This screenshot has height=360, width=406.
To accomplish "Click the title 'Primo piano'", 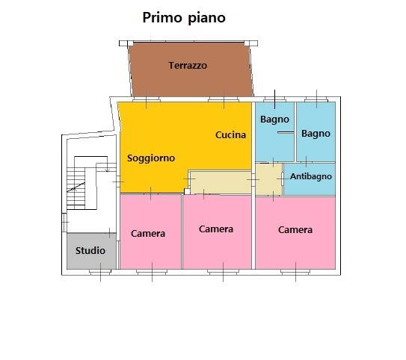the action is pyautogui.click(x=184, y=18).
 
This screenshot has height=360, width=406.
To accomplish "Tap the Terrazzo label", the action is pyautogui.click(x=188, y=66).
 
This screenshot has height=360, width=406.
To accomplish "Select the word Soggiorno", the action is pyautogui.click(x=151, y=158).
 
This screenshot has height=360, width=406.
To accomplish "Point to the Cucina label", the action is pyautogui.click(x=231, y=134).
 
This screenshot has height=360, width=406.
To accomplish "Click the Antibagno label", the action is pyautogui.click(x=311, y=176).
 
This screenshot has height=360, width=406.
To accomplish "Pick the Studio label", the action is pyautogui.click(x=90, y=251).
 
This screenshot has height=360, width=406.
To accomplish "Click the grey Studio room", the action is pyautogui.click(x=91, y=251).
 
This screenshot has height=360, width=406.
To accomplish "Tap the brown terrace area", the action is pyautogui.click(x=191, y=69).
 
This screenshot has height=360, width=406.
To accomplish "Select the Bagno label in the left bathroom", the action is pyautogui.click(x=274, y=120).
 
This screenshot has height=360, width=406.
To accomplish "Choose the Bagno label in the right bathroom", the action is pyautogui.click(x=316, y=134).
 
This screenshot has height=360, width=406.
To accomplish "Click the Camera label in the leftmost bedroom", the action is pyautogui.click(x=148, y=234).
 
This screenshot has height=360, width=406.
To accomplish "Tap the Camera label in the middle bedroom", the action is pyautogui.click(x=216, y=229).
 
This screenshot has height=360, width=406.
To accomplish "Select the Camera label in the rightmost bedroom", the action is pyautogui.click(x=295, y=230).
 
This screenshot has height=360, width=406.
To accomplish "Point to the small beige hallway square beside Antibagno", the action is pyautogui.click(x=268, y=179).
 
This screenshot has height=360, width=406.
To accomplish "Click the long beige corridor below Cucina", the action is pyautogui.click(x=221, y=182).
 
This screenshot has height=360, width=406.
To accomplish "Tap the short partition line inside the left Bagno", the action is pyautogui.click(x=286, y=133).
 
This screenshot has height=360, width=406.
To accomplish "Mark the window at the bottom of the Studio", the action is pyautogui.click(x=100, y=272).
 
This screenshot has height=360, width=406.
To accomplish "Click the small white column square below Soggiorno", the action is pyautogui.click(x=187, y=191).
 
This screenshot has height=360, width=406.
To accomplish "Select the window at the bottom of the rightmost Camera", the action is pyautogui.click(x=295, y=272).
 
